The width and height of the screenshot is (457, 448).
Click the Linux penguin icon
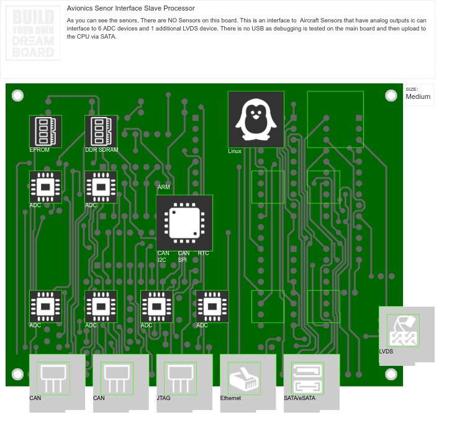[256, 119]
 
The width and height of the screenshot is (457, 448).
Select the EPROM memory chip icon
[45, 131]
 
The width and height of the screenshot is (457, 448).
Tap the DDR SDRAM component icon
[101, 131]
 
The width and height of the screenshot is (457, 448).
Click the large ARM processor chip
[184, 223]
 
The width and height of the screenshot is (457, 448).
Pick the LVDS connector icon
[403, 330]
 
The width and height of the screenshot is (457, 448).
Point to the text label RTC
[204, 253]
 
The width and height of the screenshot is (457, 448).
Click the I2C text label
[161, 260]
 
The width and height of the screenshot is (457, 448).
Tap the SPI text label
[182, 260]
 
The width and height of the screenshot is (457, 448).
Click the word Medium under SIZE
[418, 97]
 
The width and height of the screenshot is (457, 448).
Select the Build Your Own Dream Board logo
[33, 34]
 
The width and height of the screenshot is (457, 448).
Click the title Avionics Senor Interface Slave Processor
[130, 9]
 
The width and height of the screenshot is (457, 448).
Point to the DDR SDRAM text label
[101, 150]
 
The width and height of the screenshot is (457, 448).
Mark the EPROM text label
[39, 150]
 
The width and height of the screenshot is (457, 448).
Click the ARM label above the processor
[164, 187]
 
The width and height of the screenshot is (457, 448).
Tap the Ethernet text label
[230, 398]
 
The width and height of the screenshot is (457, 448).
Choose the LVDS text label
[386, 352]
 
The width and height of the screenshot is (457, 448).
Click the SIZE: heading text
[412, 90]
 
